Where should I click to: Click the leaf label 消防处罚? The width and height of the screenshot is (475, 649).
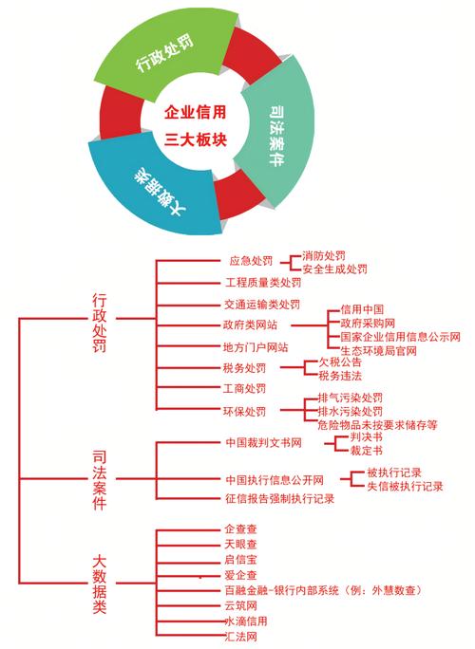[324, 256]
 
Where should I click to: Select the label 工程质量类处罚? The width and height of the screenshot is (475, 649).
[263, 283]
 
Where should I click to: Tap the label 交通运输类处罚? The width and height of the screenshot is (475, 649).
[262, 305]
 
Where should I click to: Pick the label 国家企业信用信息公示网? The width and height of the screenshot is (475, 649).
[400, 337]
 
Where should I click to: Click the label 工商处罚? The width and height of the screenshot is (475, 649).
[244, 389]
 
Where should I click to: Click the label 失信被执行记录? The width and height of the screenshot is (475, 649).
[405, 487]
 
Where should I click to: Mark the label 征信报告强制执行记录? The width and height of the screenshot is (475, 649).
[279, 498]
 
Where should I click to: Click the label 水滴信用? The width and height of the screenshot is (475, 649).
[245, 621]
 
